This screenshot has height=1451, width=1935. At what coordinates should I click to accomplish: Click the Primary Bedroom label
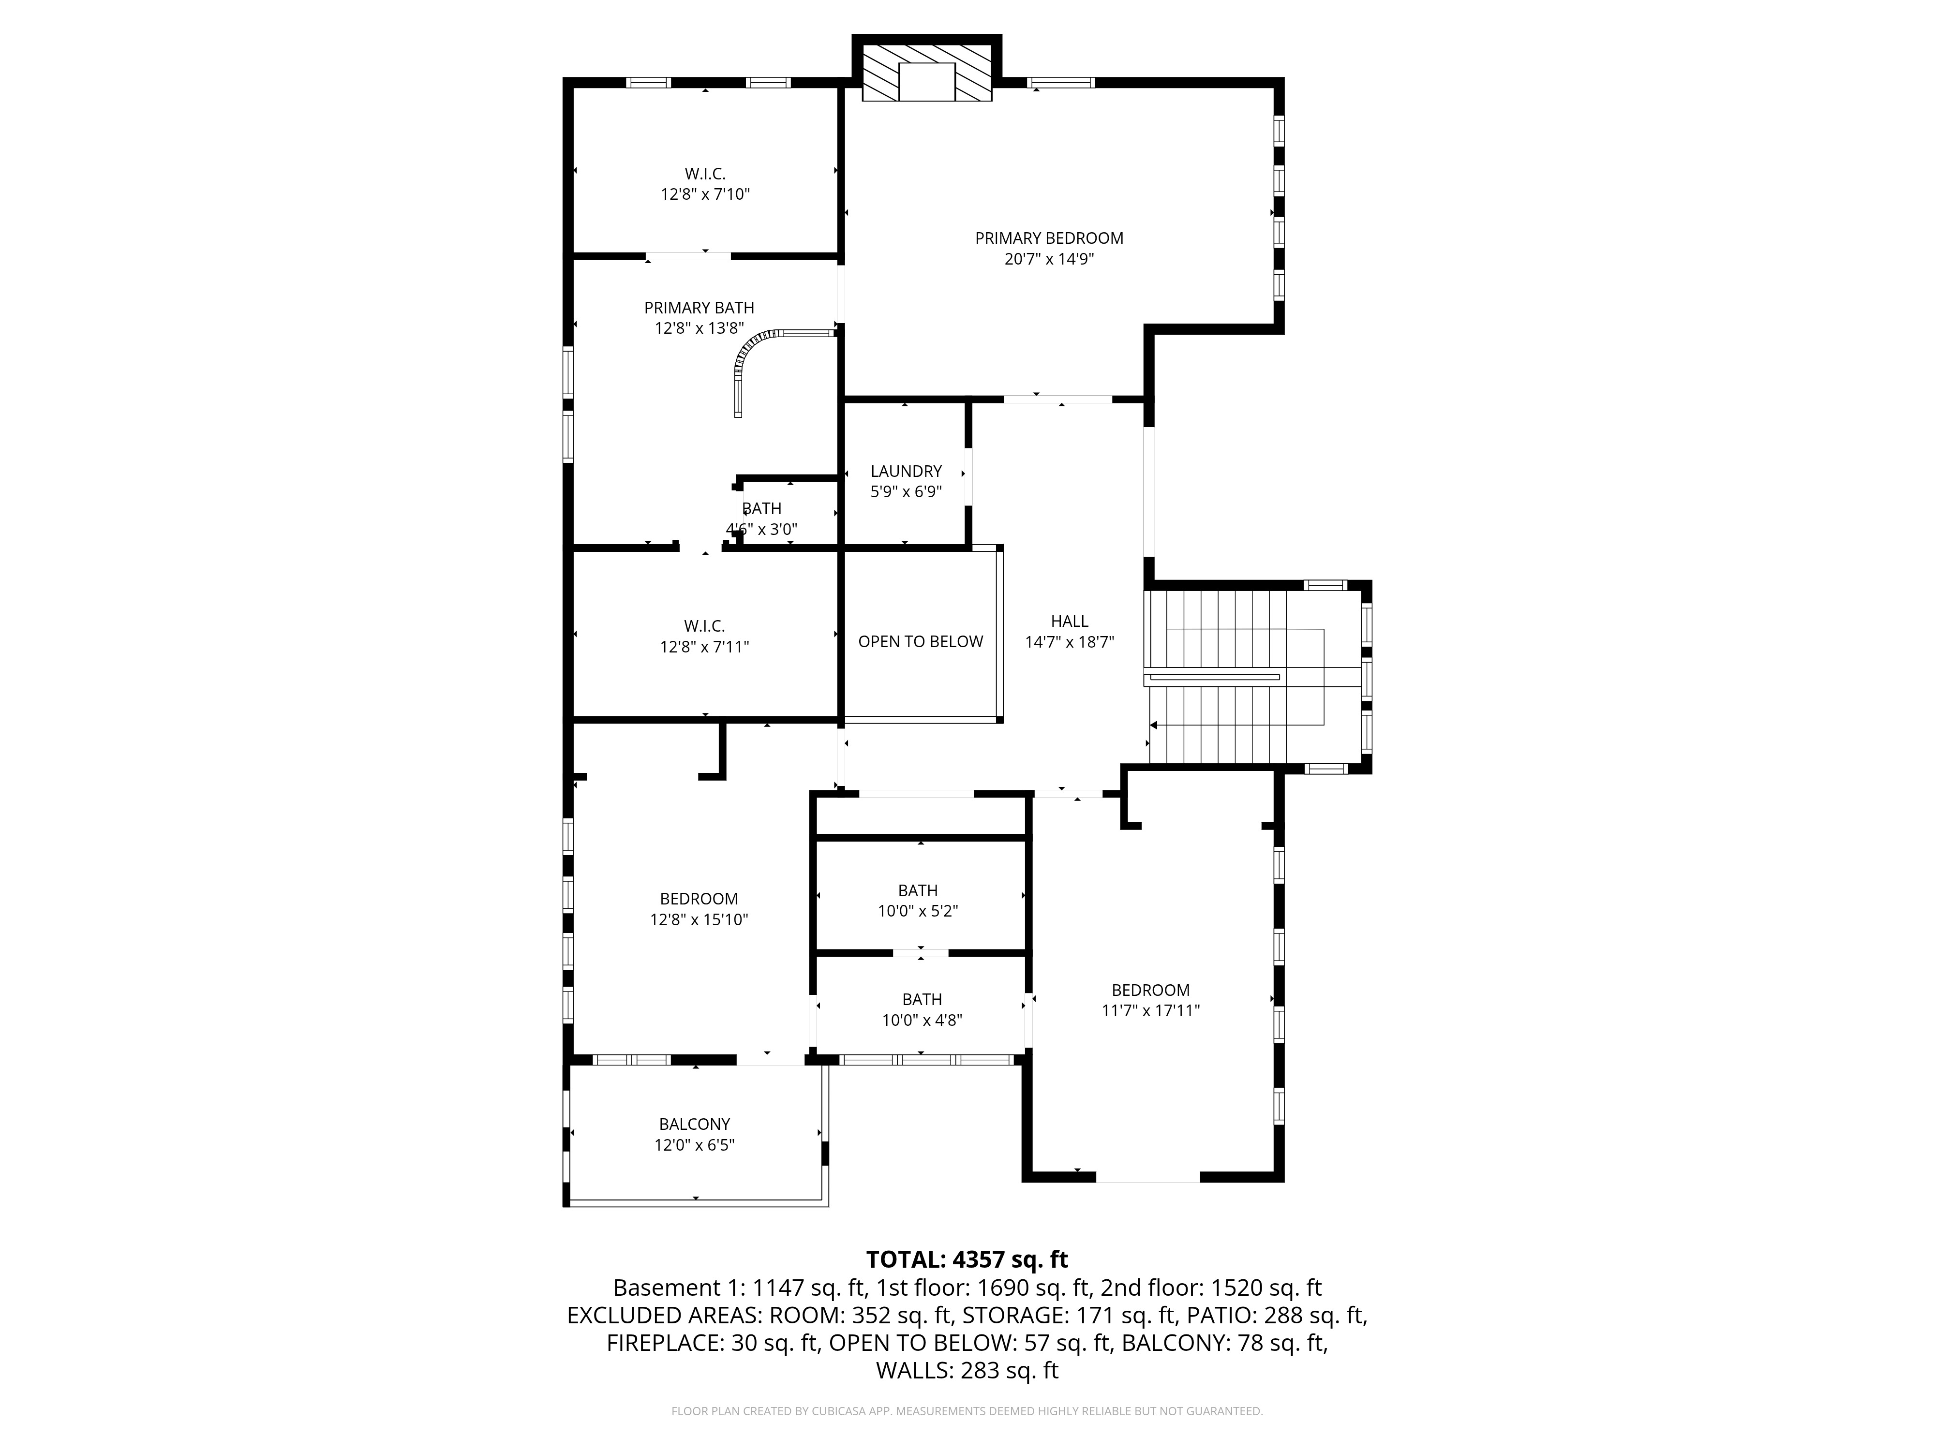1049,238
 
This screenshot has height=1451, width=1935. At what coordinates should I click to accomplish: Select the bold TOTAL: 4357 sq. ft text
967,1259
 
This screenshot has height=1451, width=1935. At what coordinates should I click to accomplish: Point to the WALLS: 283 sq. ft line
967,1371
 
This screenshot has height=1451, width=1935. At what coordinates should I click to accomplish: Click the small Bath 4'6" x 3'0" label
761,518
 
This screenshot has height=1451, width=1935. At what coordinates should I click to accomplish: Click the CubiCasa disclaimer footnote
967,1411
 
